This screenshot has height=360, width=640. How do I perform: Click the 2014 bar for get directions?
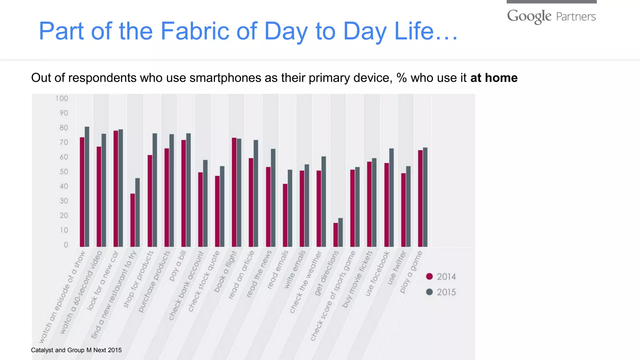[x=336, y=235]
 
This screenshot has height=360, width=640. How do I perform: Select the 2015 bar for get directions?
[x=341, y=232]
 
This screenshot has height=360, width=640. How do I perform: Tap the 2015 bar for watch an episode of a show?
[x=87, y=187]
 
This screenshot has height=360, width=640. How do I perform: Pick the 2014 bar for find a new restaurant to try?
[x=133, y=220]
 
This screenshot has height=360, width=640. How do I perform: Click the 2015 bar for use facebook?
[x=392, y=197]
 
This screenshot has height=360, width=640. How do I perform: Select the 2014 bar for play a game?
[x=420, y=198]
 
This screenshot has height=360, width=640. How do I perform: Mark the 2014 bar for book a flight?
[x=234, y=192]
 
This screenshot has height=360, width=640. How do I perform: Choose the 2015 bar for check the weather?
[x=324, y=202]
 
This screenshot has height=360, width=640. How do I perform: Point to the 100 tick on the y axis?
[x=62, y=98]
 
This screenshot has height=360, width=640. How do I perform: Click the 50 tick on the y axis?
[x=64, y=172]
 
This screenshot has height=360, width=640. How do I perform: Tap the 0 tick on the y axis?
[x=66, y=245]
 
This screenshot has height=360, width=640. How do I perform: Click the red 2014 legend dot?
[x=429, y=276]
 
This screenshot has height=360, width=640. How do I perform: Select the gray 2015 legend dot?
[x=429, y=292]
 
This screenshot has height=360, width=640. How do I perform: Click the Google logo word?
[x=529, y=16]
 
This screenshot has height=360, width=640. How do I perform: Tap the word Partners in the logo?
[x=576, y=17]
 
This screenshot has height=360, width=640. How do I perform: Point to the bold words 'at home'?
[x=494, y=78]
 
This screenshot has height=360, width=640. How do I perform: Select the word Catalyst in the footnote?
[x=42, y=350]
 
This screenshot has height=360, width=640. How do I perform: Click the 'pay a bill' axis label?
[x=178, y=266]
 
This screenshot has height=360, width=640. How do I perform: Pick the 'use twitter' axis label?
[x=397, y=268]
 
